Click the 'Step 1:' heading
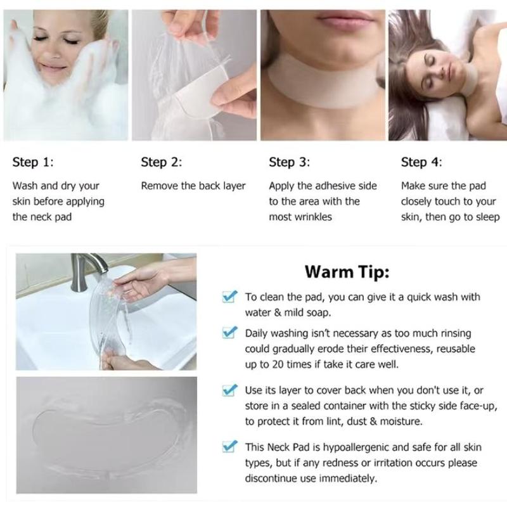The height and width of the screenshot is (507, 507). coord(33,162)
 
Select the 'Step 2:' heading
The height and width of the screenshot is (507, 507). coord(162,162)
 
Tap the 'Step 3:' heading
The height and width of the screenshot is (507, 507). coord(290,162)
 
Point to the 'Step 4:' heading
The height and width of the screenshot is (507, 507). coord(421,162)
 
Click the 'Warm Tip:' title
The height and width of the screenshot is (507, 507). coord(347,272)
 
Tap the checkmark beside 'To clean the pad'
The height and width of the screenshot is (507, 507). coord(229,296)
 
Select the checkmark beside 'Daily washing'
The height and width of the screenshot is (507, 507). coord(229,332)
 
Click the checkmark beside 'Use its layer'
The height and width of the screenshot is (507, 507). coord(229,390)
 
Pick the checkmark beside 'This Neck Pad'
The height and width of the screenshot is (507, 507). coord(229,446)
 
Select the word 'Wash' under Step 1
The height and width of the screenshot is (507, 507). coord(25,186)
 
